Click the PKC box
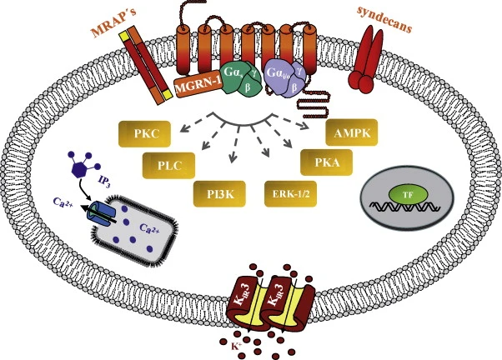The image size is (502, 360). tap(143, 133)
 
